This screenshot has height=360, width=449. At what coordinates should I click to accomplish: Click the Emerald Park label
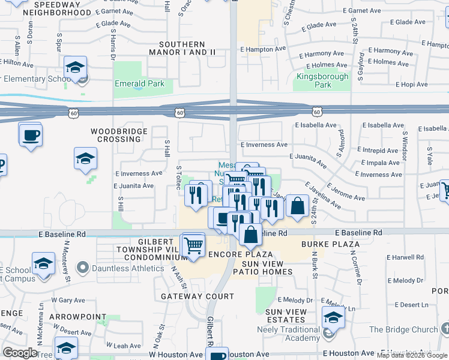click(140, 84)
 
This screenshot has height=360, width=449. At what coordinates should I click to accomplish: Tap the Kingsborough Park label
click(322, 80)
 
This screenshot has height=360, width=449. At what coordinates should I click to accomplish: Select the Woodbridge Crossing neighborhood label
click(116, 135)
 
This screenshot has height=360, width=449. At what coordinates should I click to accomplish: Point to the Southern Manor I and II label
click(187, 49)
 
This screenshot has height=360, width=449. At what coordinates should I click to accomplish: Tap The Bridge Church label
click(403, 329)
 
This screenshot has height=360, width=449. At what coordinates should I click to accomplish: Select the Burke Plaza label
click(330, 244)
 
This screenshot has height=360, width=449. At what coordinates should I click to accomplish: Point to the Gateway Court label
click(197, 296)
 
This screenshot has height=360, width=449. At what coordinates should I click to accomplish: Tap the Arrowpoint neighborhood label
click(70, 316)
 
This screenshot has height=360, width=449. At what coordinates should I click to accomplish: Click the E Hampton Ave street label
click(264, 49)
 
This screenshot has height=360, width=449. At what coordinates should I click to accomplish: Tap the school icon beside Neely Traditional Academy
click(333, 317)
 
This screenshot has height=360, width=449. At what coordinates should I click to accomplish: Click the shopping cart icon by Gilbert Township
click(193, 245)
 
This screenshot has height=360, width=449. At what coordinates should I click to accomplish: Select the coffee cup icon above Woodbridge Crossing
click(30, 134)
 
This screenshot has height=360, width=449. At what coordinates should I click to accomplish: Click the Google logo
click(20, 353)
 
